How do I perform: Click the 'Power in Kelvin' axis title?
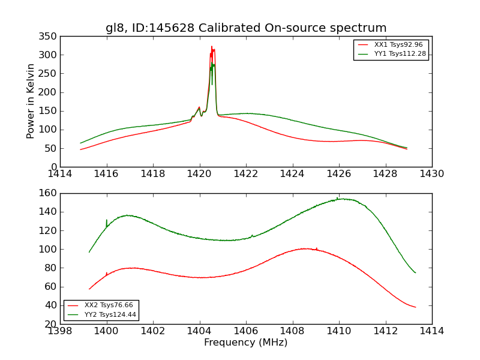tap(31, 101)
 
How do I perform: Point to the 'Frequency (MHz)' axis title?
tap(245, 343)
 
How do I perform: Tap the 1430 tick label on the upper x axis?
tap(431, 174)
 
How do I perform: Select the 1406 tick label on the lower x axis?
tap(246, 331)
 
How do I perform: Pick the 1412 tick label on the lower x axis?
tap(385, 331)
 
